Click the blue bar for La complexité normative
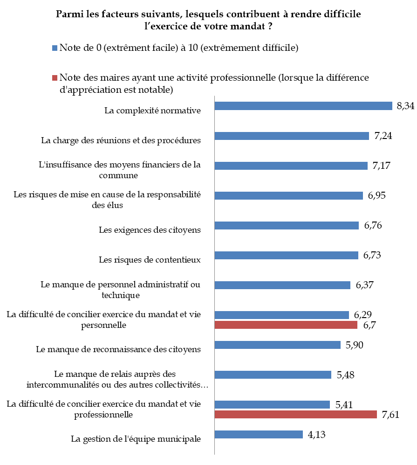303,106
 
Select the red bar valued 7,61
295,414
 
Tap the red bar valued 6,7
286,325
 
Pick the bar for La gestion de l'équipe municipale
259,434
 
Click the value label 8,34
406,106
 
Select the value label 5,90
355,345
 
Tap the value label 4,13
317,434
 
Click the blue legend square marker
55,48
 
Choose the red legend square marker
55,77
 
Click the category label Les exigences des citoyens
150,229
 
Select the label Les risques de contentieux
150,259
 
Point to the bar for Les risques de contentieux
286,255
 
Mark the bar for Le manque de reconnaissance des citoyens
277,345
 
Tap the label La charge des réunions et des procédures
121,140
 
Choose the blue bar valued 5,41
272,404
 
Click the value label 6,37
366,285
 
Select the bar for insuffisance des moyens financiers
291,166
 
